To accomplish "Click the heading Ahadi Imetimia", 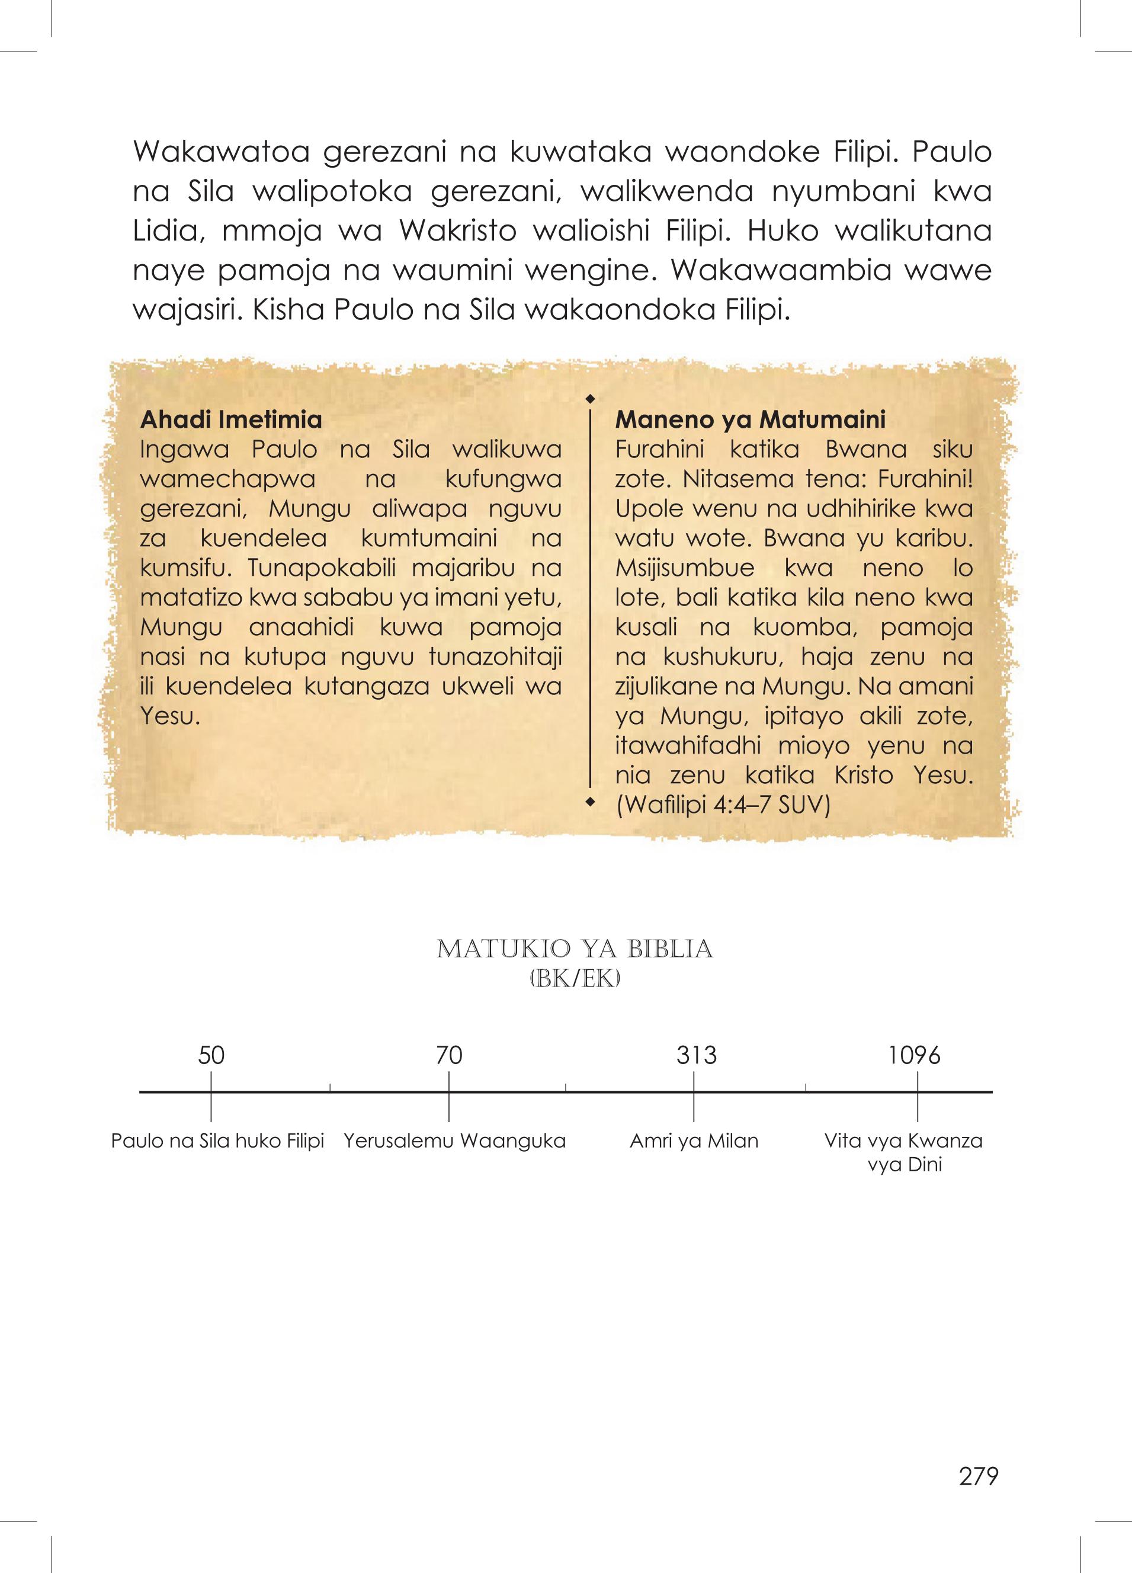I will tap(231, 420).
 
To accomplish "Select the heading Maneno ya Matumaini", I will tap(751, 420).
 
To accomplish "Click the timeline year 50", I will tap(211, 1056).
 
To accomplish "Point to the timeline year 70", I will tap(449, 1056).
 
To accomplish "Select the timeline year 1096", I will tap(914, 1056).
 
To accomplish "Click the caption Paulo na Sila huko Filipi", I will tap(218, 1141).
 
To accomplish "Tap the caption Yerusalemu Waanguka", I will tap(455, 1141).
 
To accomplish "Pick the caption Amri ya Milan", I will tap(694, 1141).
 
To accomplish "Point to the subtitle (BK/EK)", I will tap(575, 978).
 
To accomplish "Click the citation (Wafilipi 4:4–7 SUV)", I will tap(723, 806).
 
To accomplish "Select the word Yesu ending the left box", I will tap(166, 716).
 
